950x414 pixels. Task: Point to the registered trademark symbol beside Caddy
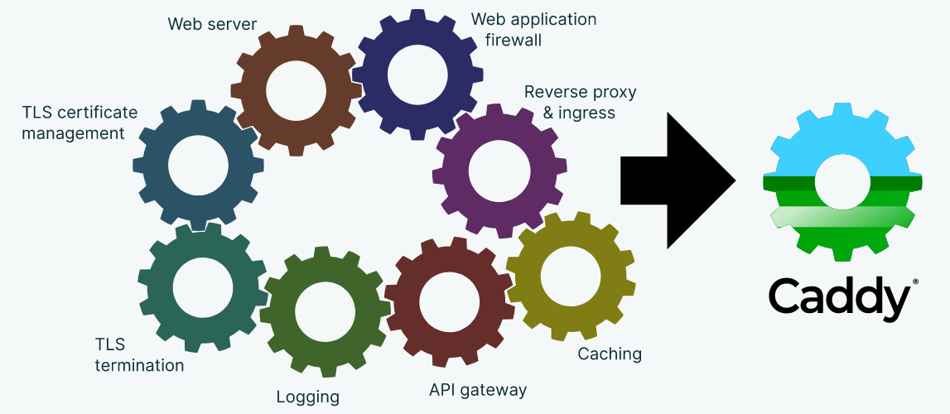[x=914, y=282]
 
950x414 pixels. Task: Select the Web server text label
[x=212, y=23]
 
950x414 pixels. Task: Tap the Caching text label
[x=610, y=354]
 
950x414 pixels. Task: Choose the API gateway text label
[x=477, y=389]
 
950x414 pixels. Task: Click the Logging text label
[x=307, y=397]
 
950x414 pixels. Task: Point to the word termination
[x=139, y=364]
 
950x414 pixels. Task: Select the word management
[x=73, y=132]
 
